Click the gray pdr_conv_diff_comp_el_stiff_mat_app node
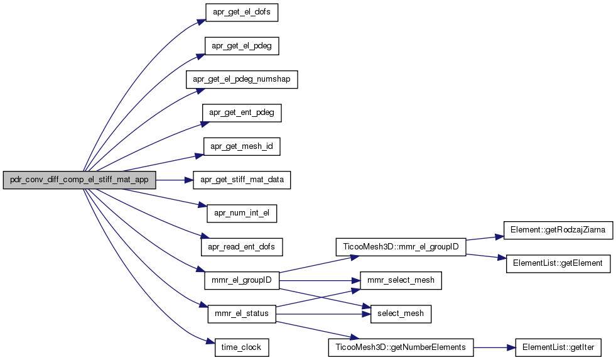pyautogui.click(x=79, y=180)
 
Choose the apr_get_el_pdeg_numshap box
pyautogui.click(x=242, y=79)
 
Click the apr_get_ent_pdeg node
pyautogui.click(x=242, y=113)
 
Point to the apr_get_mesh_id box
pyautogui.click(x=242, y=147)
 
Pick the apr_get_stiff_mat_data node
pyautogui.click(x=242, y=180)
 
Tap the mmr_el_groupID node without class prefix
pyautogui.click(x=242, y=280)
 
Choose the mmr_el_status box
pyautogui.click(x=242, y=314)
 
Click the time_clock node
pyautogui.click(x=242, y=347)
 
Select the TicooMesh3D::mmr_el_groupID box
pyautogui.click(x=401, y=247)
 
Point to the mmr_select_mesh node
pyautogui.click(x=401, y=280)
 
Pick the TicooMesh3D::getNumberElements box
pyautogui.click(x=401, y=347)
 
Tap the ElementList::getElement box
pyautogui.click(x=559, y=263)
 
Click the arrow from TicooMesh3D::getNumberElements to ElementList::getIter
pyautogui.click(x=494, y=347)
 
